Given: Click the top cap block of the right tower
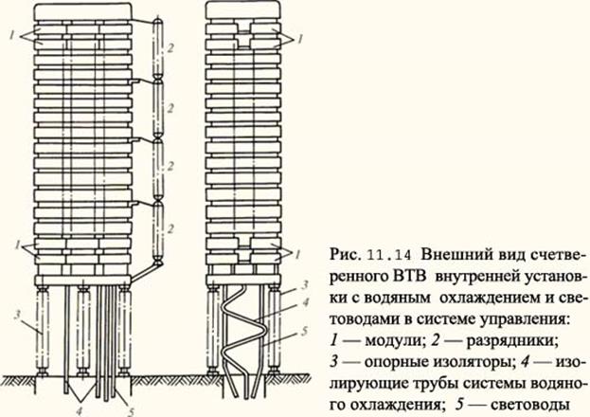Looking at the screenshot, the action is point(241,11).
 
